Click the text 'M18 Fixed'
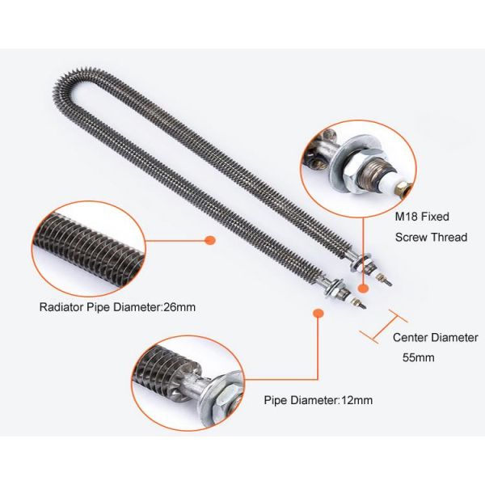421,217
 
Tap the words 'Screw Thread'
430,237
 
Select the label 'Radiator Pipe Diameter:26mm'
117,307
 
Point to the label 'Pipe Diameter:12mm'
318,399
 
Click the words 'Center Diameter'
435,337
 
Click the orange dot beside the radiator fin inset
209,240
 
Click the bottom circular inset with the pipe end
188,383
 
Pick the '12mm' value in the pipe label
357,399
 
